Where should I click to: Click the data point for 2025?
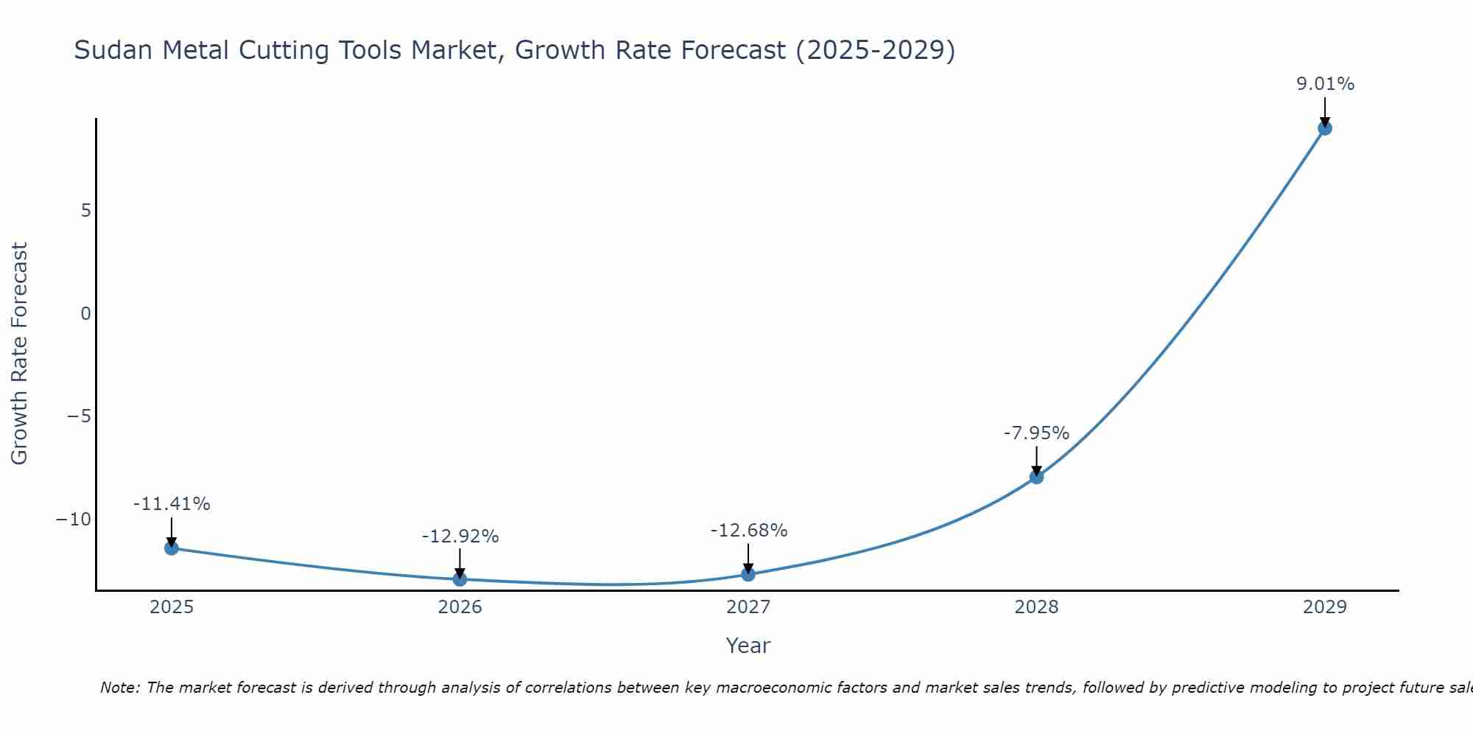click(172, 548)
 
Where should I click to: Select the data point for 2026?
click(460, 579)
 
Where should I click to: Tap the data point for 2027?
click(748, 573)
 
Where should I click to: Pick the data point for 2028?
click(1036, 476)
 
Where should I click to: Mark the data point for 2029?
click(1324, 128)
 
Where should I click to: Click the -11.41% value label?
click(172, 504)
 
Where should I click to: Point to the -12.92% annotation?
click(460, 537)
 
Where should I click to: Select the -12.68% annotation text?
click(749, 531)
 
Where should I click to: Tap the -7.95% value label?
click(1036, 433)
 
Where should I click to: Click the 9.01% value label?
click(1325, 84)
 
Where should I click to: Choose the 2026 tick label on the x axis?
click(460, 607)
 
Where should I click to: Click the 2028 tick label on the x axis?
click(1036, 607)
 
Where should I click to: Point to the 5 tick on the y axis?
click(86, 211)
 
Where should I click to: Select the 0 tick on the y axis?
click(86, 314)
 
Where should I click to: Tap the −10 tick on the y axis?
click(74, 520)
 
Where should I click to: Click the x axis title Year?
click(748, 646)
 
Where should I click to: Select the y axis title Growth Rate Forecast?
click(19, 354)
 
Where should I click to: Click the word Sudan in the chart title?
click(113, 50)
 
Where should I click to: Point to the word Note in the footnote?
click(120, 688)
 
